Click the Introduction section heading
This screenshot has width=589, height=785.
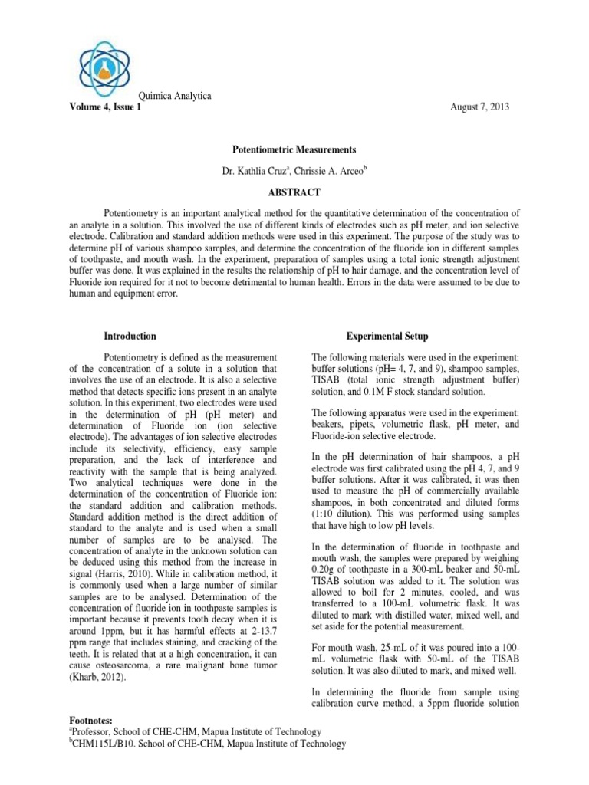pos(130,336)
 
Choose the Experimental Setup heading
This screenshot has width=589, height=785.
pos(387,336)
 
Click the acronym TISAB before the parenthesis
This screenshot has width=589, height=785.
pos(331,379)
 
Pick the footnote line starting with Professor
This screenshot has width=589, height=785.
pos(196,732)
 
